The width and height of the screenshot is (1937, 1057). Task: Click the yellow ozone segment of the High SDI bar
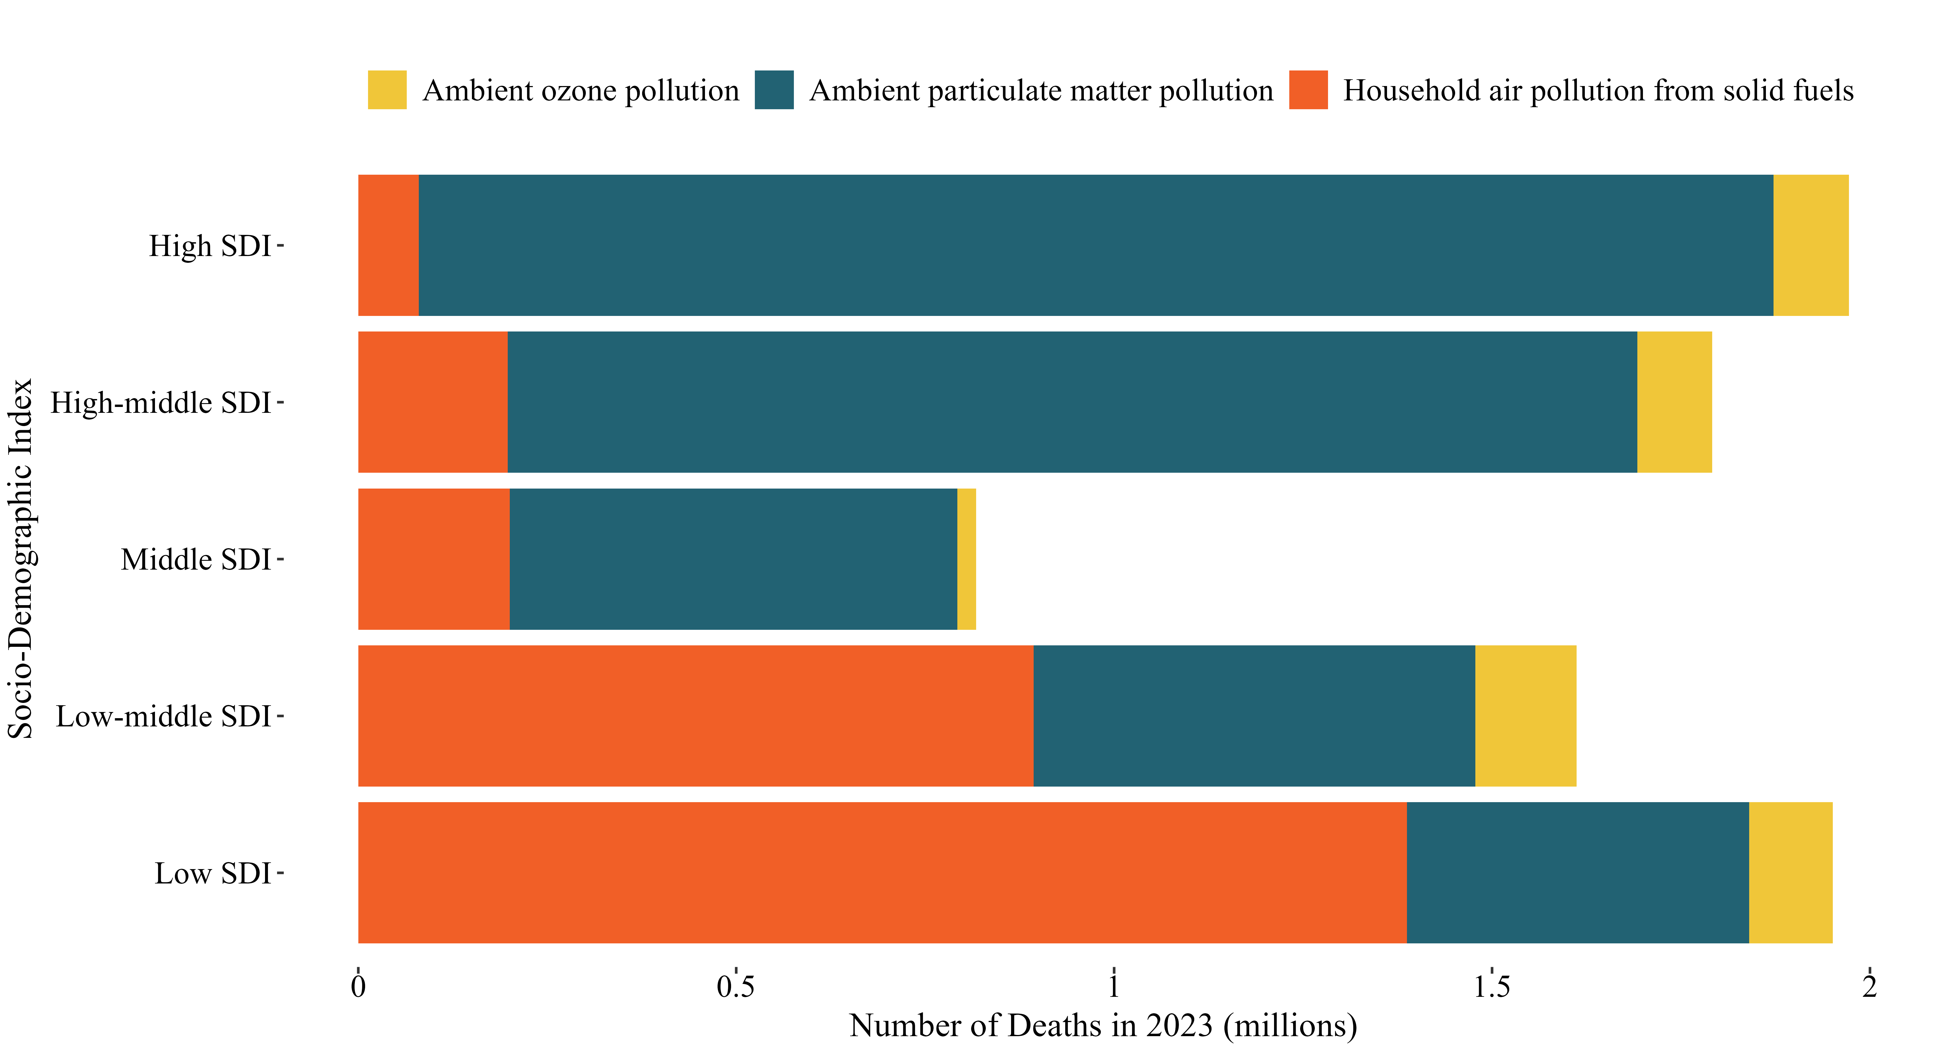[x=1811, y=245]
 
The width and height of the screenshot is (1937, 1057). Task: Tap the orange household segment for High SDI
[x=388, y=245]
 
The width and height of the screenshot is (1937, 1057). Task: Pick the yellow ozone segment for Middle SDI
[x=966, y=559]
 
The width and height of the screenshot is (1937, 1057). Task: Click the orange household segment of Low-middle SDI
[x=696, y=716]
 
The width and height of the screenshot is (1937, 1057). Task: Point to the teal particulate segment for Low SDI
[x=1577, y=873]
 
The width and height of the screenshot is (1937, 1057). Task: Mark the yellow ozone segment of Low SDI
[x=1790, y=873]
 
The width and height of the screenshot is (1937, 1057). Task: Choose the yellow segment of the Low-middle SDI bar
[x=1526, y=716]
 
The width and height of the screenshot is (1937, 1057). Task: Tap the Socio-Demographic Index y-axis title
[x=21, y=559]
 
